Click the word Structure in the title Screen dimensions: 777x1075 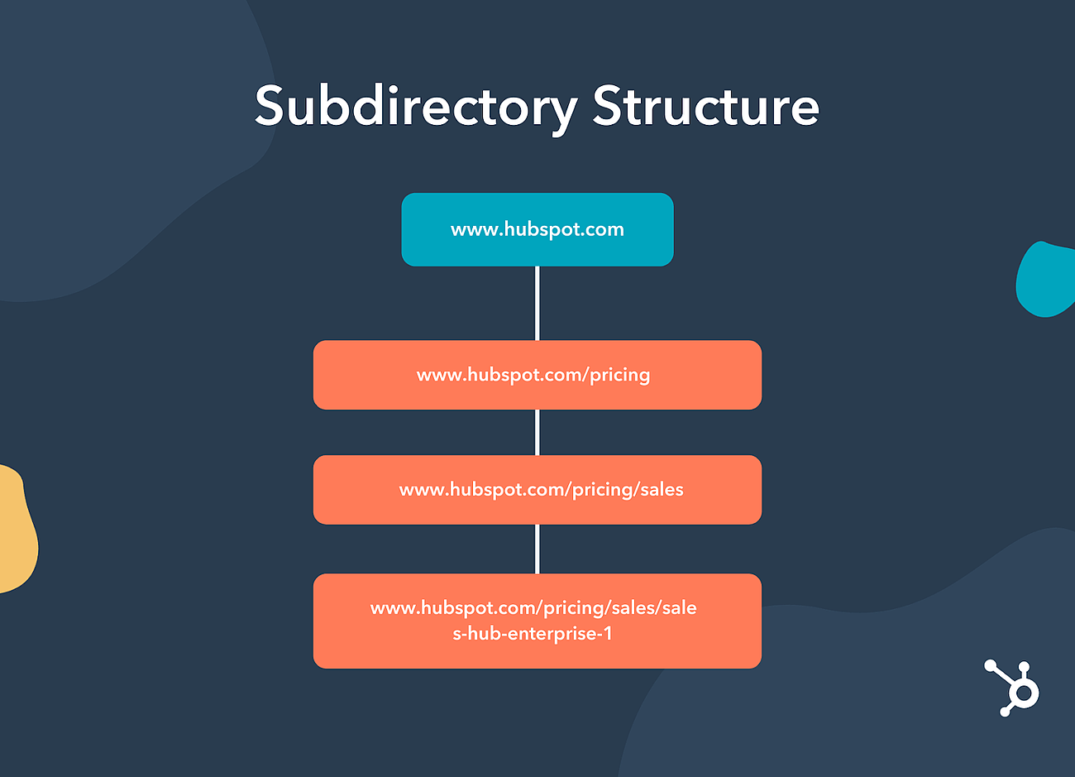705,108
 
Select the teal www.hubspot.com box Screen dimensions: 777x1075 537,248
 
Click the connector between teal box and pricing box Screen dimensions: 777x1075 537,303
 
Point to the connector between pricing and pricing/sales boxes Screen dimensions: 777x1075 537,432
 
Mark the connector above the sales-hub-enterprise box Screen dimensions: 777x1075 537,549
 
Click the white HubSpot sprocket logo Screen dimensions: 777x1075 1012,688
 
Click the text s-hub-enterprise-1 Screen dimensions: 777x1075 533,635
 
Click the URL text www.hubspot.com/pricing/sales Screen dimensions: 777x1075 541,490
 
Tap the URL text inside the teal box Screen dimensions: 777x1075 537,229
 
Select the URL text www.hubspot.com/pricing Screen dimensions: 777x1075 533,375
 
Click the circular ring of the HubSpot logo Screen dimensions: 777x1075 1025,693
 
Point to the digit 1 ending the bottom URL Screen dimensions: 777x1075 608,635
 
